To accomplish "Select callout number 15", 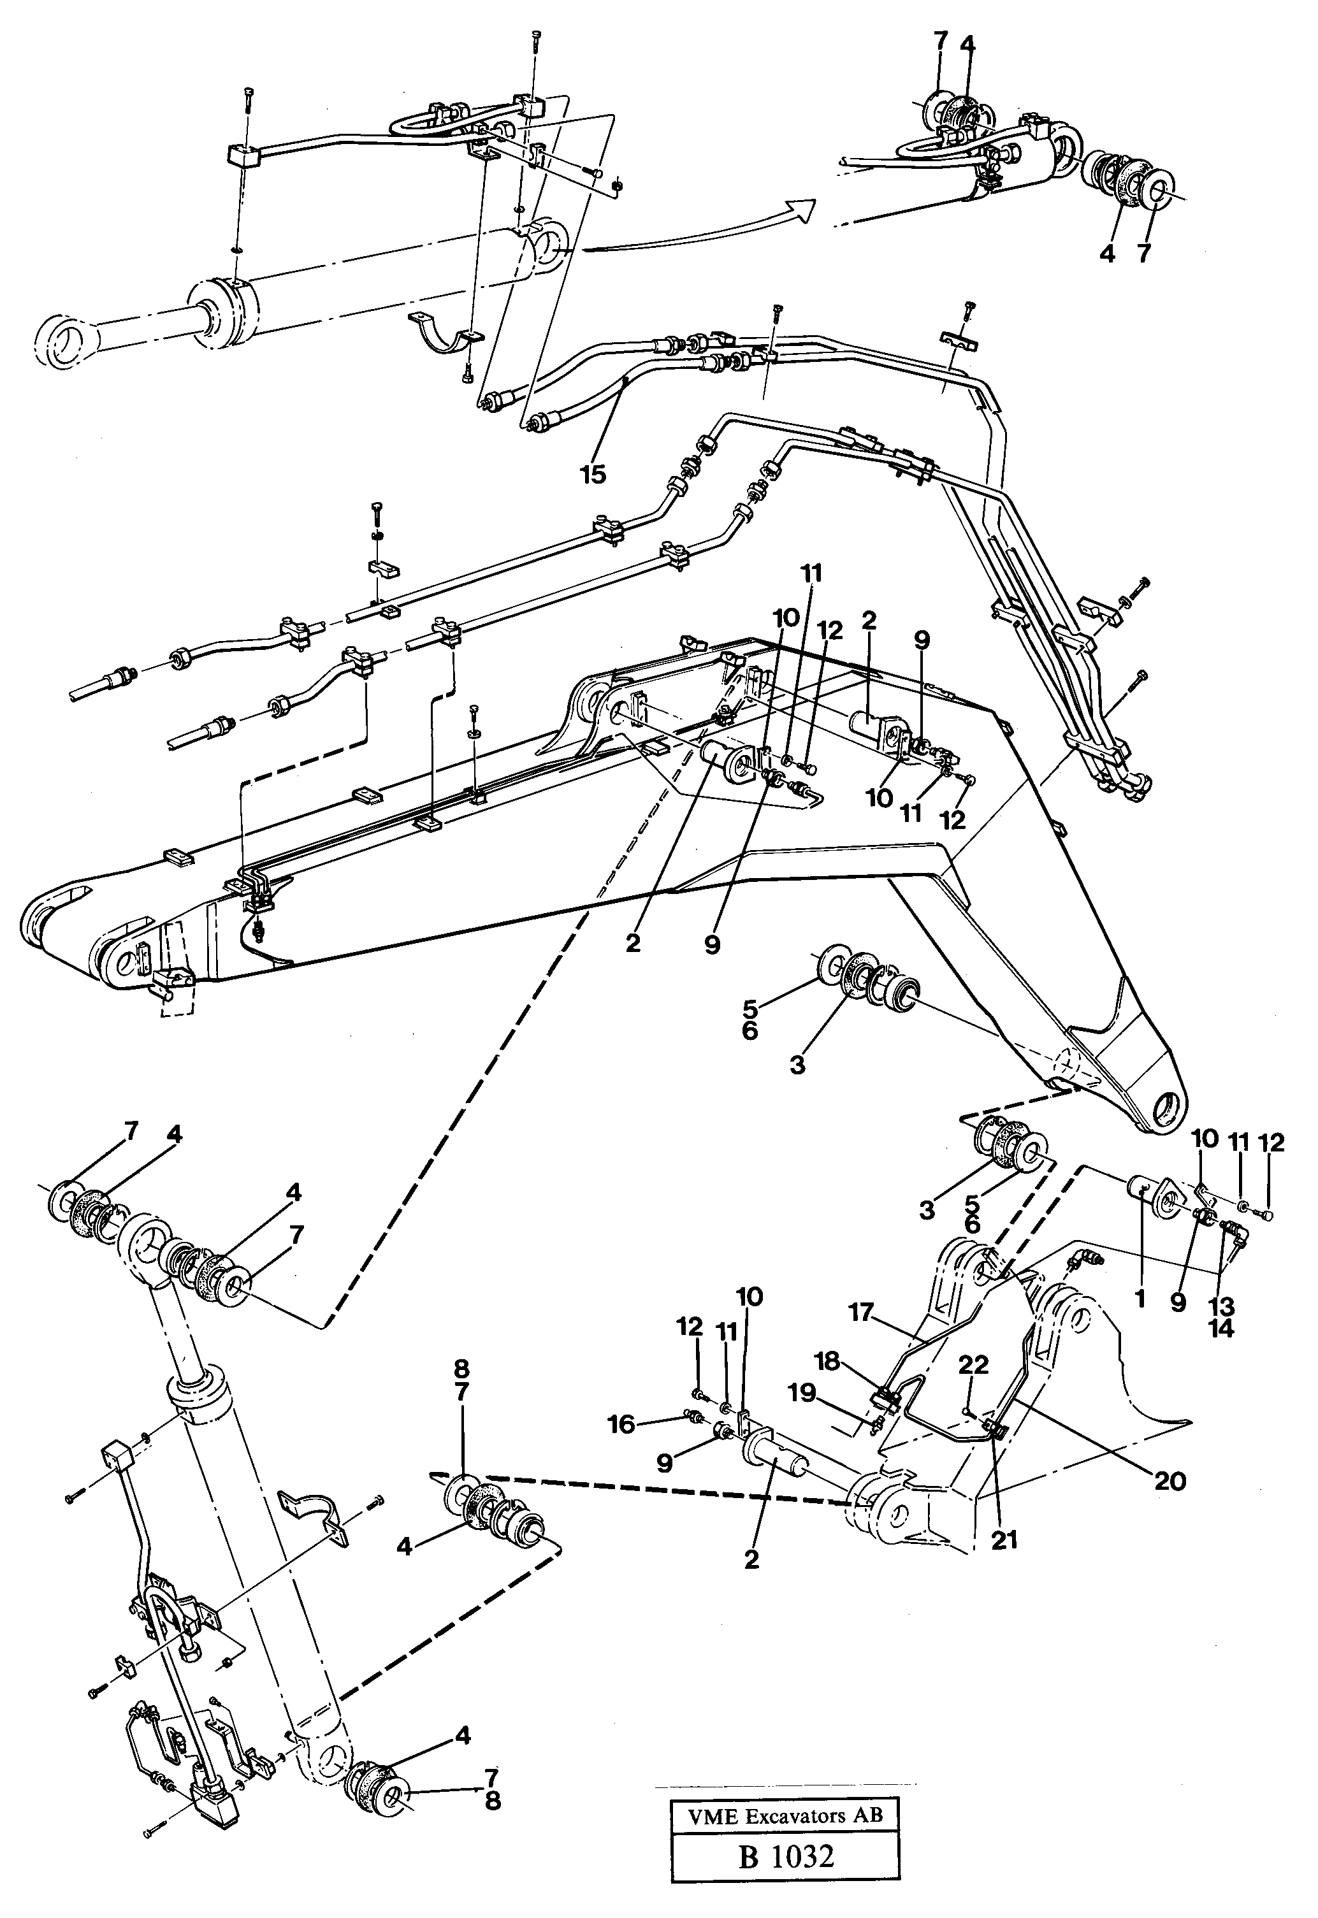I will click(x=592, y=474).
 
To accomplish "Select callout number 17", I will click(x=861, y=1312).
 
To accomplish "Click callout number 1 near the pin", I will click(x=1140, y=1299).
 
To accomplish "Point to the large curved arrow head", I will click(x=801, y=208).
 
